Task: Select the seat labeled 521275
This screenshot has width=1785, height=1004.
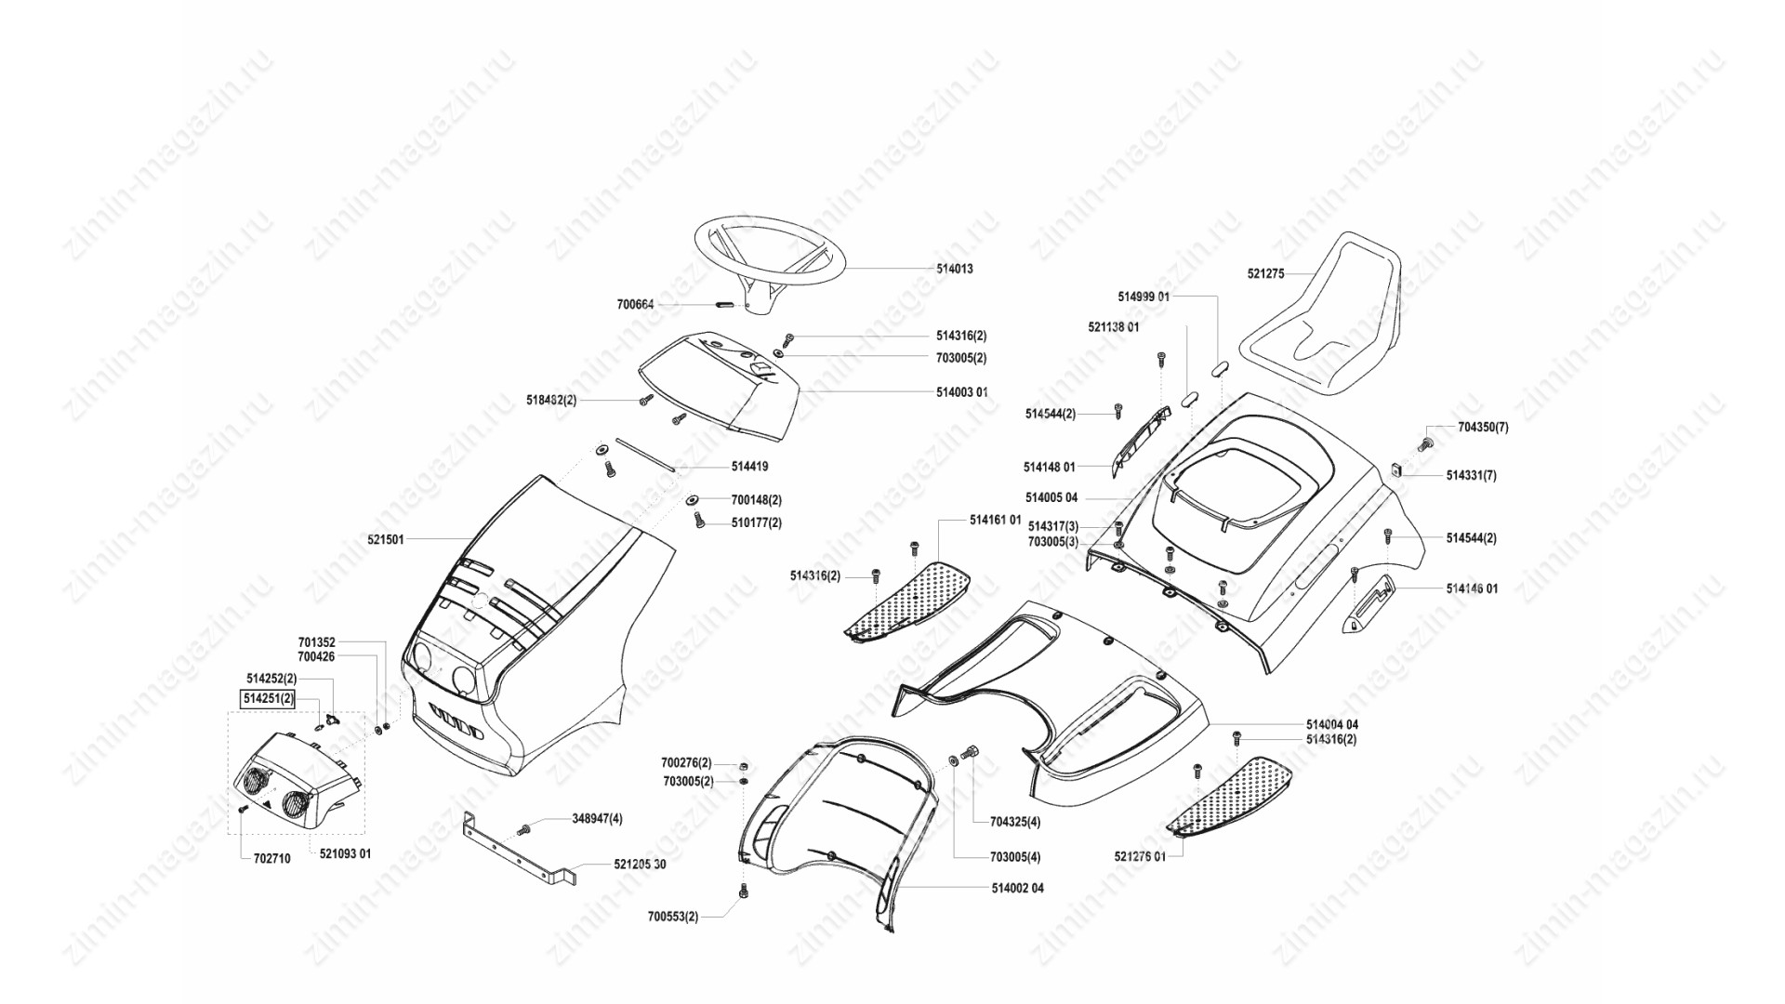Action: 1324,316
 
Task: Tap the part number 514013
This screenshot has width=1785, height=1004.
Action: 955,269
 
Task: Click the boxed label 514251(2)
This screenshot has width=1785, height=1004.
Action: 268,698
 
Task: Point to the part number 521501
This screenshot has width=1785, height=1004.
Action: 386,539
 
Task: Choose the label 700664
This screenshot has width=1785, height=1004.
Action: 635,304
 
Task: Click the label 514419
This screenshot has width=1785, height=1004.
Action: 749,467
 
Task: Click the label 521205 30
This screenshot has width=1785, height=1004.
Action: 640,865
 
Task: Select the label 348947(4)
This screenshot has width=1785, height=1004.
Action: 597,819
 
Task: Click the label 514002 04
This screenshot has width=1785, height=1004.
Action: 1017,889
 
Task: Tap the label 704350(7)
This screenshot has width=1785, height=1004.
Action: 1483,428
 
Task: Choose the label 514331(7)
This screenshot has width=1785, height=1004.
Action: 1471,476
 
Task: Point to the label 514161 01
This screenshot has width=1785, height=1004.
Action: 996,521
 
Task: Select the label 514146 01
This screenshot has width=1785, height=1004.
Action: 1472,589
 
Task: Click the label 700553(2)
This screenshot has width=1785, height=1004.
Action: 673,918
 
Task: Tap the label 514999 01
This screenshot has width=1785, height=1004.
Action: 1144,297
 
